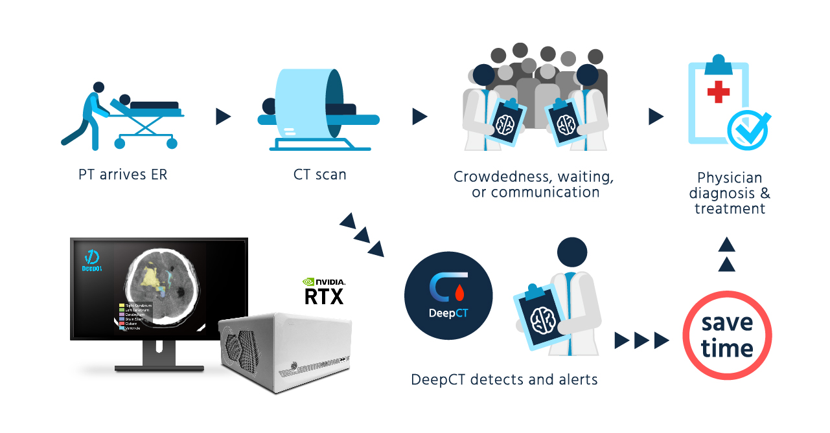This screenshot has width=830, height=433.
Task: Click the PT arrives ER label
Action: tap(122, 175)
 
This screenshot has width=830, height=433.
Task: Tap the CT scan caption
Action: tap(319, 175)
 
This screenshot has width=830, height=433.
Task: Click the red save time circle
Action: tap(727, 335)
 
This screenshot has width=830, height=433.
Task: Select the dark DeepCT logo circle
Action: tap(448, 296)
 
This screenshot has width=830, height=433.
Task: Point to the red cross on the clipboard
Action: tap(718, 92)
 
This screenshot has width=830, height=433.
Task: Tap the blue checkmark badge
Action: tap(748, 130)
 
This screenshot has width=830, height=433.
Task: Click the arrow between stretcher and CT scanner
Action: tap(223, 117)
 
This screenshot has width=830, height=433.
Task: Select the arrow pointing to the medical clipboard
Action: tap(656, 117)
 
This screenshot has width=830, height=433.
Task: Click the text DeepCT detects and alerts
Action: tap(504, 379)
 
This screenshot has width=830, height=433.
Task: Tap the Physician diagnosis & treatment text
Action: tap(730, 193)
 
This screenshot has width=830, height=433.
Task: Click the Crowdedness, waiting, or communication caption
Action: tap(533, 184)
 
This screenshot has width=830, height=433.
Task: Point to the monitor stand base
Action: tap(159, 367)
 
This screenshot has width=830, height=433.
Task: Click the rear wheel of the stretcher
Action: tap(120, 142)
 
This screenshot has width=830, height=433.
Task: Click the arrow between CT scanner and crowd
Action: tap(419, 117)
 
